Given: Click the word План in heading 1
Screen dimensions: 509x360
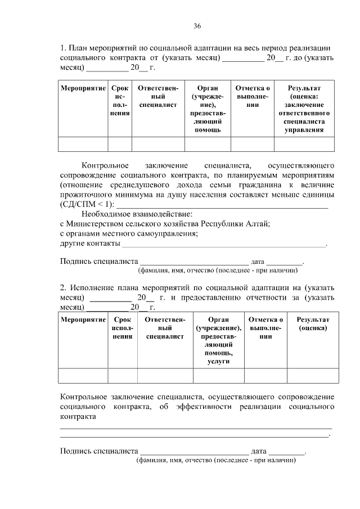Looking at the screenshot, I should [x=79, y=48].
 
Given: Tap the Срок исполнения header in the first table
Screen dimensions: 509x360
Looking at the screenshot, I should [x=120, y=100].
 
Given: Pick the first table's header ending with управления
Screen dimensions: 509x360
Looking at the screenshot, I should [x=304, y=109].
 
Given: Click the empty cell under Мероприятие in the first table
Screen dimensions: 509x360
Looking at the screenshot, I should [x=83, y=144].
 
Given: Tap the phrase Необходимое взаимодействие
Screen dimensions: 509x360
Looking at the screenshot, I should [x=137, y=214].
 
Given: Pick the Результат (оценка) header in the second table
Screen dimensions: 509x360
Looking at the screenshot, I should [x=313, y=323].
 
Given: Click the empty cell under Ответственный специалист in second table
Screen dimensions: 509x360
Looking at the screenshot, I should [x=165, y=375].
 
